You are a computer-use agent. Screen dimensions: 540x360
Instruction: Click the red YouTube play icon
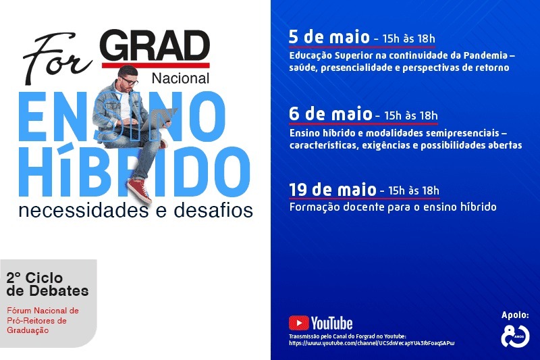tap(298, 323)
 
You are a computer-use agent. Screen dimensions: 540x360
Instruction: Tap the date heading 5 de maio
tap(329, 37)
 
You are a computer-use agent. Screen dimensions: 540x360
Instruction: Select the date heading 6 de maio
tap(331, 113)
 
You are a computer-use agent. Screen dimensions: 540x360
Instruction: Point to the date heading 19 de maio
tap(333, 190)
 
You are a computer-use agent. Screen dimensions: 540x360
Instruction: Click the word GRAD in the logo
tap(156, 45)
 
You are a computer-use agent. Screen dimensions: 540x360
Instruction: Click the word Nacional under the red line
tap(180, 78)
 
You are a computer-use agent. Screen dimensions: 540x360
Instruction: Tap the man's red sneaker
tap(140, 190)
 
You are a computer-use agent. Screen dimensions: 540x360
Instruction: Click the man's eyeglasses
tap(129, 82)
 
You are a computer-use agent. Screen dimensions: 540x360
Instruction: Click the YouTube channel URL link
tap(372, 343)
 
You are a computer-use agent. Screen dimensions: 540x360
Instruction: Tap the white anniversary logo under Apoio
tap(515, 336)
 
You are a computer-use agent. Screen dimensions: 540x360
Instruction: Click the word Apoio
tap(515, 315)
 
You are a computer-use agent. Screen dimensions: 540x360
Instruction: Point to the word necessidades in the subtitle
tap(84, 211)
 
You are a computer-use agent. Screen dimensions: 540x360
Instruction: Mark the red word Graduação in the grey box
tap(28, 330)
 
